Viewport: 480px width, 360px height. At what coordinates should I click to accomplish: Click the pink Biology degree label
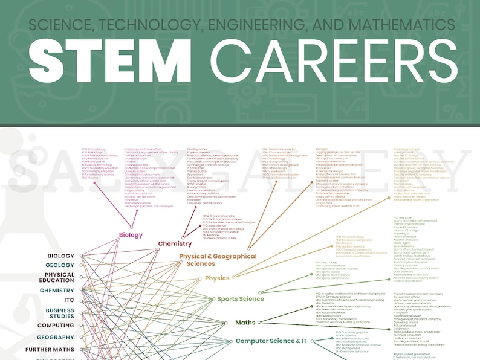[131, 235]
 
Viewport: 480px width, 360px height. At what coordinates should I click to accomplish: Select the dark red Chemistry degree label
[175, 243]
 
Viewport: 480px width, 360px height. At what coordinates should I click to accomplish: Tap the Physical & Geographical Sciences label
[218, 260]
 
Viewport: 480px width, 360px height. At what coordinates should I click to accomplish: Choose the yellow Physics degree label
[217, 278]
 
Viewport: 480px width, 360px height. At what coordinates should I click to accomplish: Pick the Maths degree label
[245, 323]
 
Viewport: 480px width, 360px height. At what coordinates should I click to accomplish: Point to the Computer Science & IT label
[267, 341]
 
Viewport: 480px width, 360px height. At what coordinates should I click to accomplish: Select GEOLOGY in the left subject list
[60, 265]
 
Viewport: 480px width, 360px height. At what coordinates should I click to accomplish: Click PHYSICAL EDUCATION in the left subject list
[60, 277]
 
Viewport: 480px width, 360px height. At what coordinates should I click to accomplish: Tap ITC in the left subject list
[69, 300]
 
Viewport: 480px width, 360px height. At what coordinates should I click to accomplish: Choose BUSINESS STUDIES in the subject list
[60, 312]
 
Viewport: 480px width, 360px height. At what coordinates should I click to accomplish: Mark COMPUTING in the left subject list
[60, 325]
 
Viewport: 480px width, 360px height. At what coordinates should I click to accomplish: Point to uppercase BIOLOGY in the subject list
[61, 256]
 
